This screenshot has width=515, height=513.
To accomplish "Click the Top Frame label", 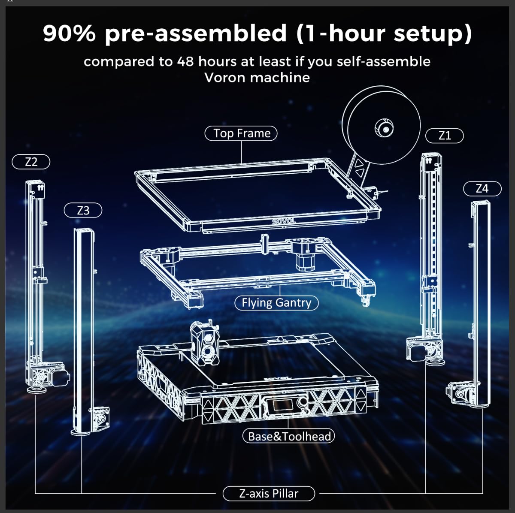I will coord(241,133).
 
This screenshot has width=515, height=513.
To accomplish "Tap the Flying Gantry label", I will coord(276,303).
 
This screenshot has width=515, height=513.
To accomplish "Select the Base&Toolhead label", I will coord(289,436).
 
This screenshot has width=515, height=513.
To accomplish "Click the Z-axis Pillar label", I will coord(269,493).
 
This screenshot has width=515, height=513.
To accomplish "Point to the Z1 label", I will coord(445,136).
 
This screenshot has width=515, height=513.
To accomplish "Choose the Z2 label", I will coord(31,162).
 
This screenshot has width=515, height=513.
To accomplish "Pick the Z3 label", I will coord(83,211).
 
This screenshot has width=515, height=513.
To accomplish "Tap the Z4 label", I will coord(482,188).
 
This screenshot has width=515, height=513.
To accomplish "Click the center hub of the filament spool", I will coord(385,129).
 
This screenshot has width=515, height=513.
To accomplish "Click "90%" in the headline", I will coord(69,33).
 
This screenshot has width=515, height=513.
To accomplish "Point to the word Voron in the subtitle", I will coord(225,78).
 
